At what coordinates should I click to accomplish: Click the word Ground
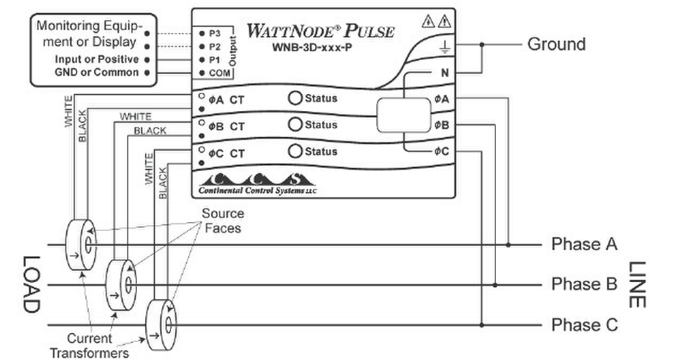[556, 44]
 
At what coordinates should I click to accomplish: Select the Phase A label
[584, 245]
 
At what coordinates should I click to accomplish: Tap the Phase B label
[584, 284]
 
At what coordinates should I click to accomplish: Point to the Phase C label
[584, 325]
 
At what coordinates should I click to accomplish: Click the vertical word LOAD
[31, 284]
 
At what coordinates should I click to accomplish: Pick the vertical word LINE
[637, 284]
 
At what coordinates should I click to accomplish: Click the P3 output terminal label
[214, 33]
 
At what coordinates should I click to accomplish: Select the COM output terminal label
[218, 73]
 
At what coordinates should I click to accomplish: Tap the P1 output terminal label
[214, 60]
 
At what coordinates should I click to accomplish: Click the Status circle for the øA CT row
[295, 98]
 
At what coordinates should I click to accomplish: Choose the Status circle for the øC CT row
[295, 151]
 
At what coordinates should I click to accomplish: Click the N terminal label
[445, 73]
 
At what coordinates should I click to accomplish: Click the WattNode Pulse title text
[321, 30]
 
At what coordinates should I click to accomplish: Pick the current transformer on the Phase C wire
[161, 325]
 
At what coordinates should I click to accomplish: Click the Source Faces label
[222, 221]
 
